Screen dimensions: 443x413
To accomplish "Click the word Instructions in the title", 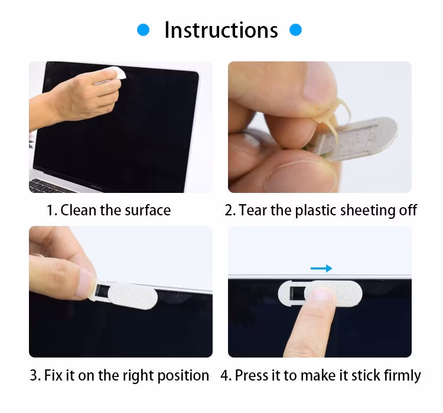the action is (221, 30).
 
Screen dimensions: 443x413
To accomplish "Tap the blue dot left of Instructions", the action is (144, 30).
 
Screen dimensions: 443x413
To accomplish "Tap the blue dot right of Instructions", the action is (295, 30).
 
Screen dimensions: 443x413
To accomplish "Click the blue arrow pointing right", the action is (321, 268).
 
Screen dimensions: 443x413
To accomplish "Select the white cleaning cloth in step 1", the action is (113, 74).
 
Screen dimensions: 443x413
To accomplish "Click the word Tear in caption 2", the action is (253, 210).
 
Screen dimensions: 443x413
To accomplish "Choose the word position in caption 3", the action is (183, 376).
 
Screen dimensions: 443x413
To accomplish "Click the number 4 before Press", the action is (225, 375).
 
